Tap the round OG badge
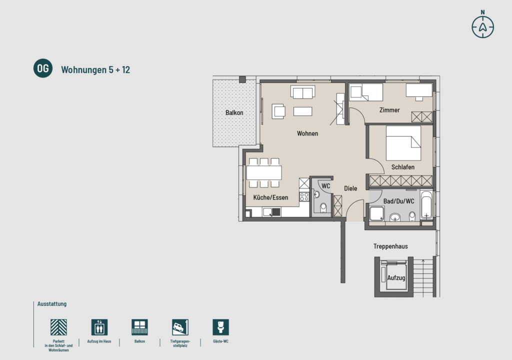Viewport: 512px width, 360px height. pos(43,68)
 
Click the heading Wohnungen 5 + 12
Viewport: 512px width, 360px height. pos(95,69)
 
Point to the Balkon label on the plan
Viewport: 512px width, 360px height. pos(234,112)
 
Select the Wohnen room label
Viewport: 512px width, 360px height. pos(307,133)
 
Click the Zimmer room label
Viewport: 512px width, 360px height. pos(389,110)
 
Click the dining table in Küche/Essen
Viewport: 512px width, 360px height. pos(264,173)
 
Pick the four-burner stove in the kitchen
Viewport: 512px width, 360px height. pos(304,196)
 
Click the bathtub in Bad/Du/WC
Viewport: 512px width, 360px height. pos(426,204)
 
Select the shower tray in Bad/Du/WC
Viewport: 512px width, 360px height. pos(377,213)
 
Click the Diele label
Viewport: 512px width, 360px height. pos(350,188)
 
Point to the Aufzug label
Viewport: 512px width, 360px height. pos(396,277)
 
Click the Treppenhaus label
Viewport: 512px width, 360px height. pos(390,246)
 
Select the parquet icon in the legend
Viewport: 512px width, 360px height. pos(59,327)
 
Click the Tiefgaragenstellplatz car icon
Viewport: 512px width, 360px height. pos(180,327)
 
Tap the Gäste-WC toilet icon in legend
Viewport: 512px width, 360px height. pos(220,327)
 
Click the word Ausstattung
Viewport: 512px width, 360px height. pos(52,304)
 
